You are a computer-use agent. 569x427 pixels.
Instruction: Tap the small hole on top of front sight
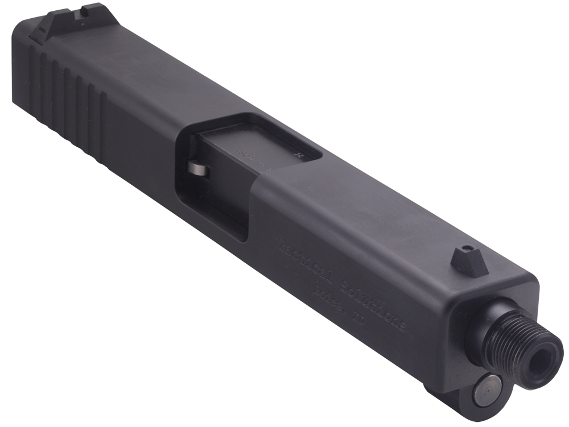(467, 248)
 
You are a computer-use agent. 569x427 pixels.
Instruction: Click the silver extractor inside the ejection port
(196, 169)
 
